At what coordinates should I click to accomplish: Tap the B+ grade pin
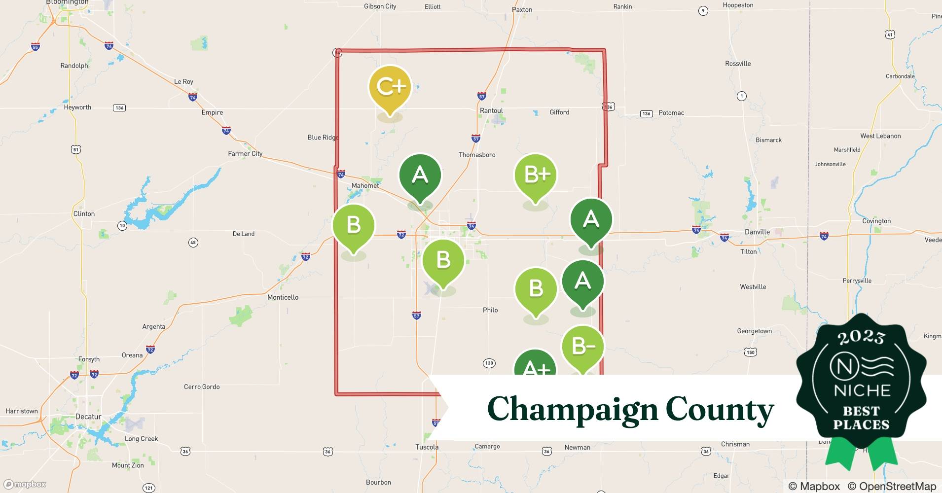536,176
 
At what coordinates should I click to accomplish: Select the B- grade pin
583,347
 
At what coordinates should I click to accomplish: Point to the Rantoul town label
491,111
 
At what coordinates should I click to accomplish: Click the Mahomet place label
365,186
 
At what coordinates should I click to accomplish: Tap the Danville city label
757,232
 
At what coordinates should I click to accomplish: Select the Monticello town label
283,297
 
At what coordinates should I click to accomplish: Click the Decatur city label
88,417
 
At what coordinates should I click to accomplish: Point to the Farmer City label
245,154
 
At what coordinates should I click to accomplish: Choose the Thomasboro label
477,155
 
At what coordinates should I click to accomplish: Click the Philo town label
490,310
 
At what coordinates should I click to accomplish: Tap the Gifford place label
559,112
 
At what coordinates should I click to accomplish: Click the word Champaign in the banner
572,409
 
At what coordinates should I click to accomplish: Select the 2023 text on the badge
861,337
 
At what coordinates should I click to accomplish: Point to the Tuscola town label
427,447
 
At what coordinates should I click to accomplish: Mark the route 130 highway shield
489,363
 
